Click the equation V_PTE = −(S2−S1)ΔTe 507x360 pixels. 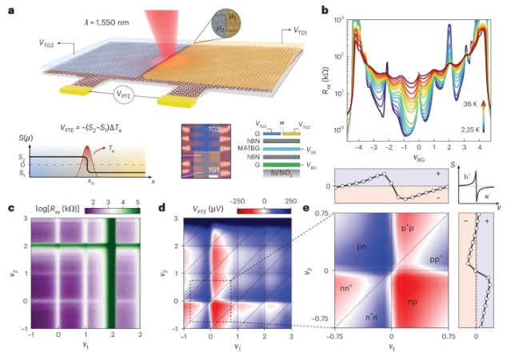[x=94, y=126]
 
